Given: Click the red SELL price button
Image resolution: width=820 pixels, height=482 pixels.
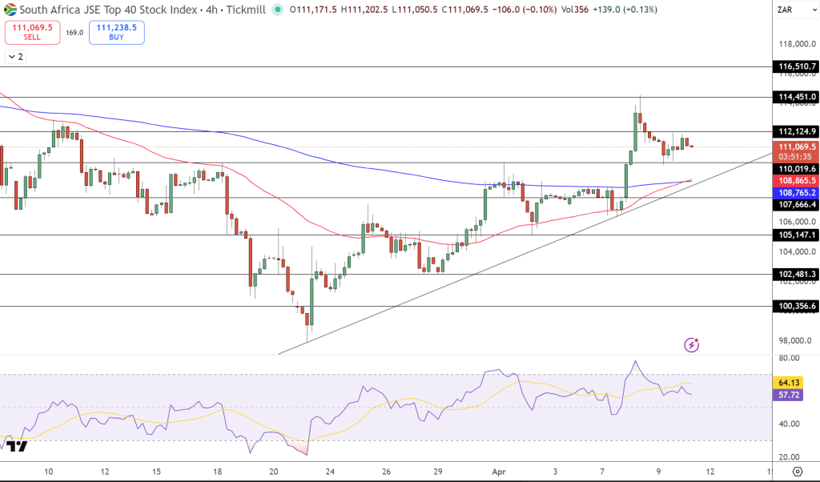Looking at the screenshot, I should (32, 32).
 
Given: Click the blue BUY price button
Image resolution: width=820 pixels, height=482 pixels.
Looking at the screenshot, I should (117, 32).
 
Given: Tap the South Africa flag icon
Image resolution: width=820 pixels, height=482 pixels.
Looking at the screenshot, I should (11, 10).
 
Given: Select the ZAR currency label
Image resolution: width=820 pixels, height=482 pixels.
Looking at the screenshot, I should (786, 10).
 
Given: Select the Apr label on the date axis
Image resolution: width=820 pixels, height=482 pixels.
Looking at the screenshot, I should (497, 471).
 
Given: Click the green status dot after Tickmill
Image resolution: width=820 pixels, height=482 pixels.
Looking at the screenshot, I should (278, 10).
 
